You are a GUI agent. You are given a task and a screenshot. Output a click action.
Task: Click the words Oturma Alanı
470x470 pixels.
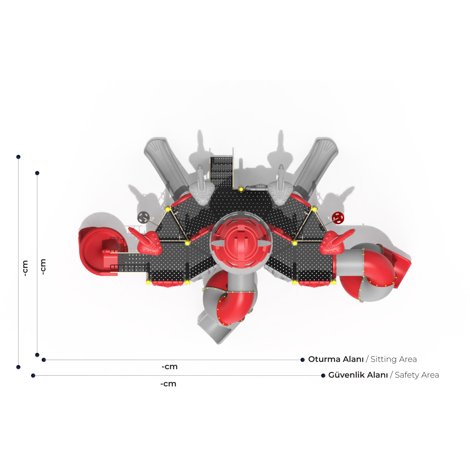(x=336, y=359)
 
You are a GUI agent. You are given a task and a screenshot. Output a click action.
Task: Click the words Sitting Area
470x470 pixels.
(x=394, y=359)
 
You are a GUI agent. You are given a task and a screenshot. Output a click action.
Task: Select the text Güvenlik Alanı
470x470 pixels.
(x=358, y=375)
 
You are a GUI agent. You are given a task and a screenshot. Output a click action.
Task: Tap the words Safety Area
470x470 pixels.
(x=417, y=375)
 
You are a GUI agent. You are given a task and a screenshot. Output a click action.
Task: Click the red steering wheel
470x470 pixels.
(x=338, y=218)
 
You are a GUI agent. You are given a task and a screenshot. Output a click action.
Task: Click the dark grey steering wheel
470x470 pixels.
(x=143, y=217)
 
